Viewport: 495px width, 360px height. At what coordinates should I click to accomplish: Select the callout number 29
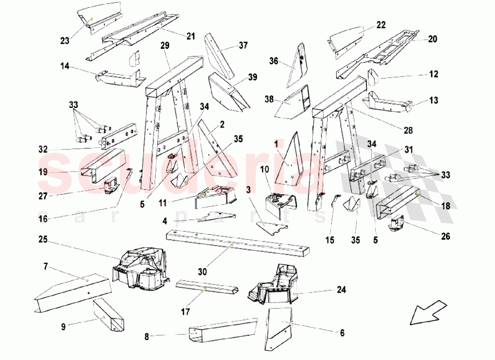(165, 46)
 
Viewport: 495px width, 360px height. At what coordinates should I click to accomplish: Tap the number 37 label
(243, 46)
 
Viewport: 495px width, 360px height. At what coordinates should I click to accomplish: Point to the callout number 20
(432, 39)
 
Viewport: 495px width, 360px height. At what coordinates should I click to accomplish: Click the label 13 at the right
(434, 101)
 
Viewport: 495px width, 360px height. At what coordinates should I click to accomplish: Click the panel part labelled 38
(292, 102)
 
